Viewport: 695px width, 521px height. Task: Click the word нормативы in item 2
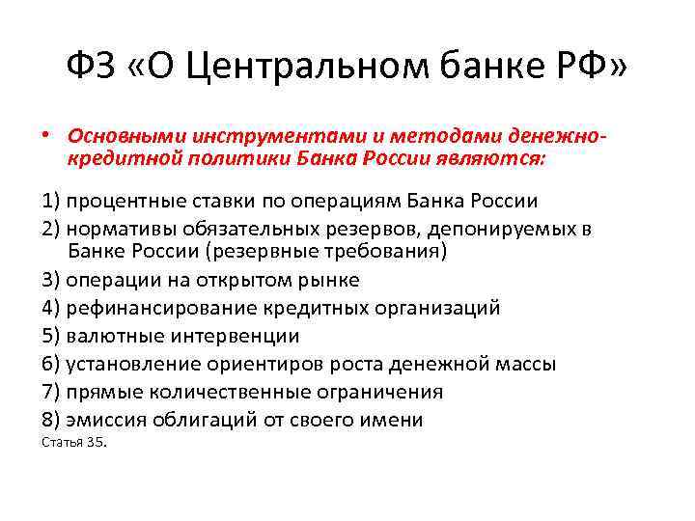(120, 229)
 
